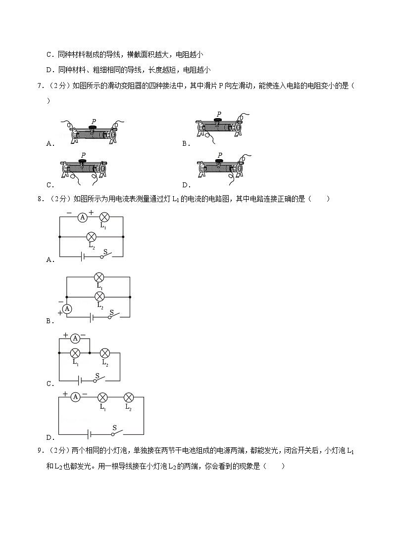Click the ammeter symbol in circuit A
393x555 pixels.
(84, 217)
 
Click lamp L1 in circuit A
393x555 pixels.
(104, 217)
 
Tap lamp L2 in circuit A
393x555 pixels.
(91, 237)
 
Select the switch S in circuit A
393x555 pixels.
(105, 255)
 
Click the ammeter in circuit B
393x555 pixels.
(67, 308)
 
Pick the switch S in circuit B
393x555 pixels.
(112, 315)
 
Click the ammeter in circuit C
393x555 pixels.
(75, 338)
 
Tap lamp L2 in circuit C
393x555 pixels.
(104, 353)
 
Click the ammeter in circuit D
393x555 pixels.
(75, 397)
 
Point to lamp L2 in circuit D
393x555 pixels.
(128, 397)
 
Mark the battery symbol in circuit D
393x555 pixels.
(89, 434)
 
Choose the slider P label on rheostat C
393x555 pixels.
(83, 155)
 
